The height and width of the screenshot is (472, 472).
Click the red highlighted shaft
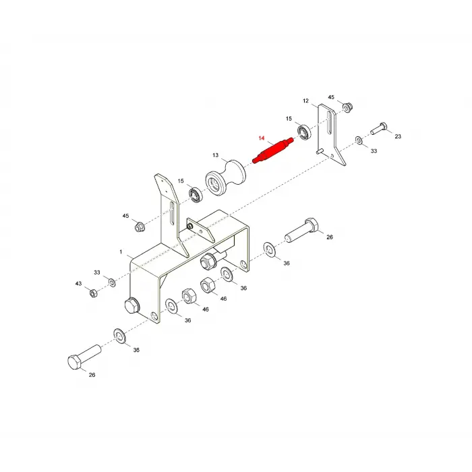[x=273, y=150]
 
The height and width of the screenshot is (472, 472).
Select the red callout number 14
[x=262, y=138]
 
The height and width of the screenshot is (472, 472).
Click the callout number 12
[x=305, y=100]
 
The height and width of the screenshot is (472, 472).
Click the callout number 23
[x=398, y=136]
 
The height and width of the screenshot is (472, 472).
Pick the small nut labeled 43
[x=93, y=293]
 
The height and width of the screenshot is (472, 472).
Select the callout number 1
[x=121, y=252]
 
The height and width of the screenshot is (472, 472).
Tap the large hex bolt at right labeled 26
[x=302, y=231]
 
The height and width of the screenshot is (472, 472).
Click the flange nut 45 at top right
[x=347, y=107]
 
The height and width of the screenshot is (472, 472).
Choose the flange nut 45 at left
[x=140, y=227]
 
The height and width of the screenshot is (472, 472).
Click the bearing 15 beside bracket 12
[x=304, y=131]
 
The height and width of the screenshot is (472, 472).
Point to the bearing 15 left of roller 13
[x=196, y=194]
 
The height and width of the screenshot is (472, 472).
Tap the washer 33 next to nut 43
[x=113, y=283]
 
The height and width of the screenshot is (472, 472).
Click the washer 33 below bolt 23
[x=359, y=140]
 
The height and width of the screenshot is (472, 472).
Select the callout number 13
[x=215, y=155]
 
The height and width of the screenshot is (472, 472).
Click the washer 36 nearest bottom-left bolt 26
[x=119, y=336]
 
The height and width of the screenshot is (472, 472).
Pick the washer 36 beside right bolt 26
[x=270, y=249]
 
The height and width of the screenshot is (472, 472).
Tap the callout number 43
[x=78, y=284]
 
